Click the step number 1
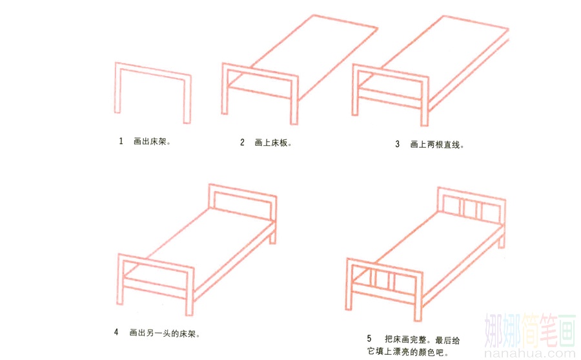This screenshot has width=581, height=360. (x=121, y=141)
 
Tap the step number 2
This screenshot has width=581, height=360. (x=242, y=142)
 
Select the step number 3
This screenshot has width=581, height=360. (x=397, y=144)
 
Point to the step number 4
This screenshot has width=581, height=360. (x=116, y=332)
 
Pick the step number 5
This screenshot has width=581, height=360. (x=369, y=339)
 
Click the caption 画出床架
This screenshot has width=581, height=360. (x=152, y=141)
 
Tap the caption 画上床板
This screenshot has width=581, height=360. (x=273, y=143)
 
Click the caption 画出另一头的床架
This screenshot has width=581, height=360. (x=165, y=333)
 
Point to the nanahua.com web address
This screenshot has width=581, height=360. (x=530, y=353)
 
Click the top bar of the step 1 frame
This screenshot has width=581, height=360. (x=152, y=71)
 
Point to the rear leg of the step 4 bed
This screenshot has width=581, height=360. (x=272, y=235)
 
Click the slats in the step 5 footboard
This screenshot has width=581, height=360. (x=382, y=281)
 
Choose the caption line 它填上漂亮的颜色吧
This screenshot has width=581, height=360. (x=408, y=351)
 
